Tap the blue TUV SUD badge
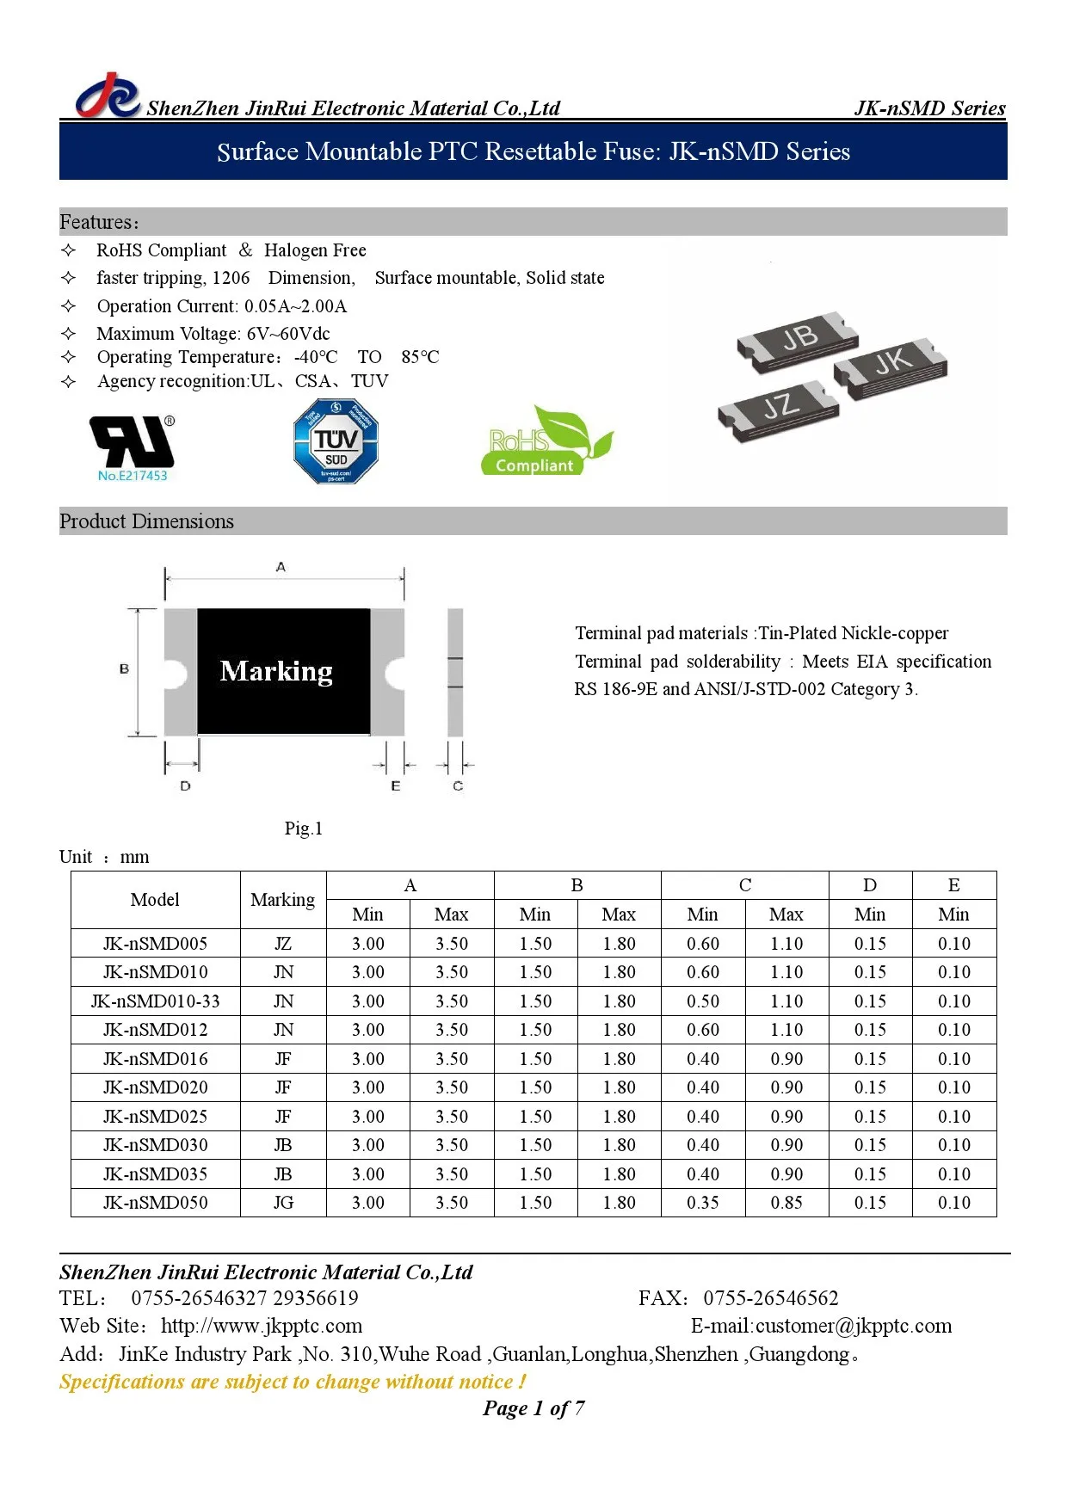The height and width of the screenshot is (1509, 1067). point(336,441)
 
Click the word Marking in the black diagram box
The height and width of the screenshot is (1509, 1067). point(276,671)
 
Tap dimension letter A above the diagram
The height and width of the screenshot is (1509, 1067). point(281,567)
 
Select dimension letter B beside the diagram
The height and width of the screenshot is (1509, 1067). point(125,668)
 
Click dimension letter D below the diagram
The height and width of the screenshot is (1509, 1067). point(185,785)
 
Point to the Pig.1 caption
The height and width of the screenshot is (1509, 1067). point(304,828)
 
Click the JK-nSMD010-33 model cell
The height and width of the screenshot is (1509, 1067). point(156,1001)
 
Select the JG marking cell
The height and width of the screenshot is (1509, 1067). point(283,1203)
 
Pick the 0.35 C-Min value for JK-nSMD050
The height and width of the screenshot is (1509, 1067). point(702,1203)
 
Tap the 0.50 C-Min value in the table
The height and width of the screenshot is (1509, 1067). point(702,1001)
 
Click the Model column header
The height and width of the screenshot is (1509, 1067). point(155,900)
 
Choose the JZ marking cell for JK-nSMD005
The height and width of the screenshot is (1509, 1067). point(283,944)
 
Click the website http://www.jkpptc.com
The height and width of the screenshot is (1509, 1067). point(262,1326)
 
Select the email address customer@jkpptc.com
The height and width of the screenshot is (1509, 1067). point(854,1326)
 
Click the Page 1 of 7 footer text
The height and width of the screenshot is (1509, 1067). point(533,1408)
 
